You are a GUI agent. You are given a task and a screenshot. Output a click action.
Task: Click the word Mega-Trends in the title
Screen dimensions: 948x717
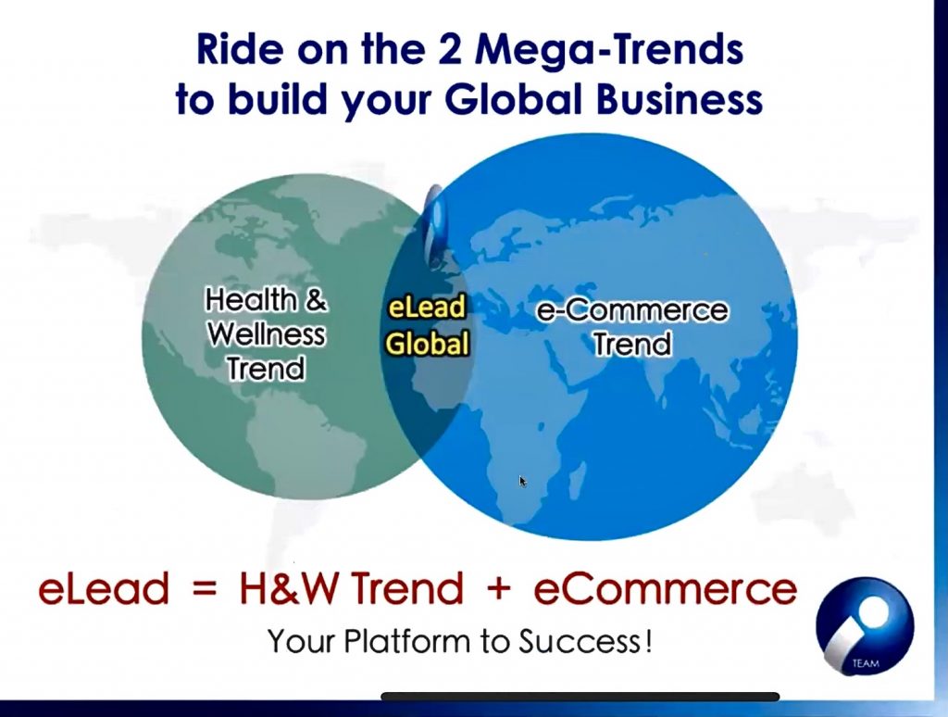point(609,50)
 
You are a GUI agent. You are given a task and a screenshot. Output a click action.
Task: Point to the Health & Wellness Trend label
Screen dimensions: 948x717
point(266,334)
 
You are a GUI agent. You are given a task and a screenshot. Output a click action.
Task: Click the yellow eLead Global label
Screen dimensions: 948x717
point(428,325)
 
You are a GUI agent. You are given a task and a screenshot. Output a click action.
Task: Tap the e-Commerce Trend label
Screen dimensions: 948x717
point(632,327)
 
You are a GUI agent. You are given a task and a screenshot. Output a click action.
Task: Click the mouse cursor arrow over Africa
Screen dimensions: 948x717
point(522,481)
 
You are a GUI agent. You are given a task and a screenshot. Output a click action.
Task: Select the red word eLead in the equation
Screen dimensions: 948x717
point(104,588)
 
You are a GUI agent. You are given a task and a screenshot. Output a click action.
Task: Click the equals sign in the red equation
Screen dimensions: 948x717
point(204,589)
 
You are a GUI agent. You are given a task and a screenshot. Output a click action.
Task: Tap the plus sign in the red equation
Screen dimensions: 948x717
point(498,589)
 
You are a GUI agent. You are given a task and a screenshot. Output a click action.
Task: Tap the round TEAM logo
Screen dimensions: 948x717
point(865,626)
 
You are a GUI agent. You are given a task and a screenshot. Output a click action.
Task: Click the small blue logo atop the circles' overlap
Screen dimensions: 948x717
point(435,225)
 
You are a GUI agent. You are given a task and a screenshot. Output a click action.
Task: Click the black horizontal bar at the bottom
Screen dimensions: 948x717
point(580,697)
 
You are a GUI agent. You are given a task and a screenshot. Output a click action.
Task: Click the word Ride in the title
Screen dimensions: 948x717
point(239,49)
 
